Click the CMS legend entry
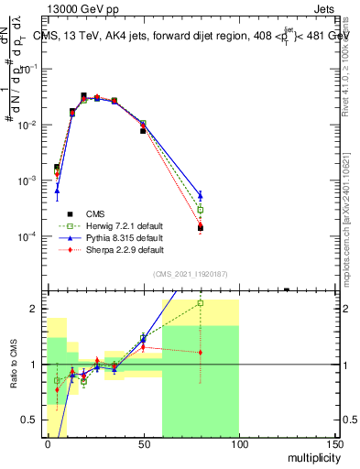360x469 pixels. tap(93, 213)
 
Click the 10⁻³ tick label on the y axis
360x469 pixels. tap(30, 180)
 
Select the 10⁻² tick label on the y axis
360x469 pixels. tap(30, 125)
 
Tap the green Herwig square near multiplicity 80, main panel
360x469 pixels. tap(201, 210)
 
